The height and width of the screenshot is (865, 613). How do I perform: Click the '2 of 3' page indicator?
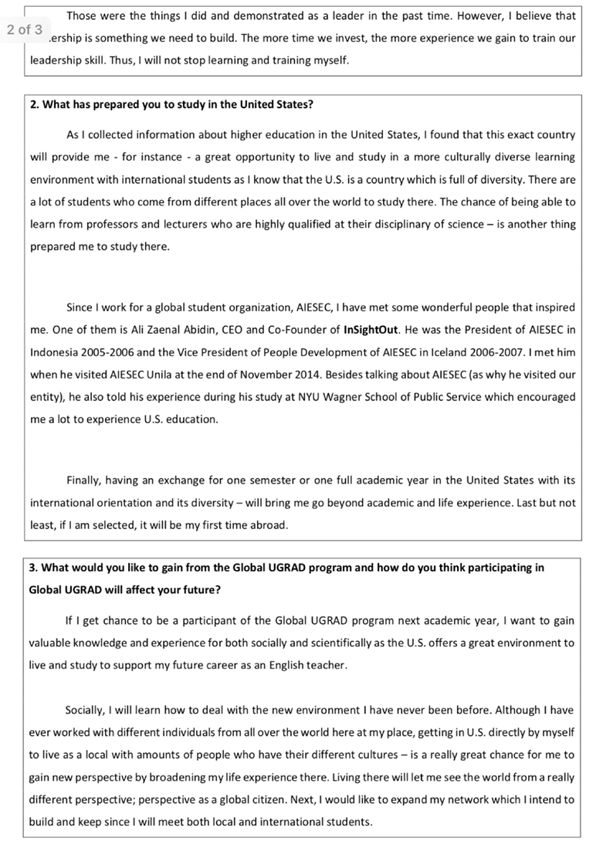coord(24,30)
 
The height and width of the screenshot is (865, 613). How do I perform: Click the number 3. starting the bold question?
coord(34,567)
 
